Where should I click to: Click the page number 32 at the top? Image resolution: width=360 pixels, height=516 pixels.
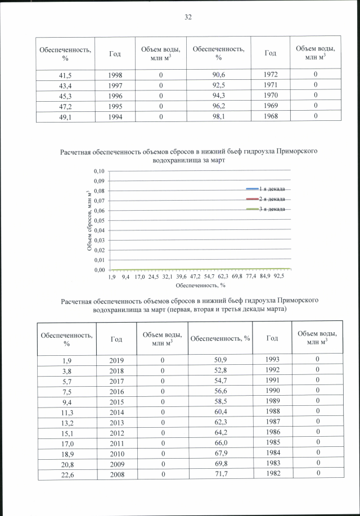coord(188,17)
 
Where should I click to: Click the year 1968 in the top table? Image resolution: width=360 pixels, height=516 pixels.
coord(270,116)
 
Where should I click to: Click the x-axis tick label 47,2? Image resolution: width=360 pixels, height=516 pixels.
coord(195,277)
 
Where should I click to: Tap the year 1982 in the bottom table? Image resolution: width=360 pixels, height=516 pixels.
coord(271,473)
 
